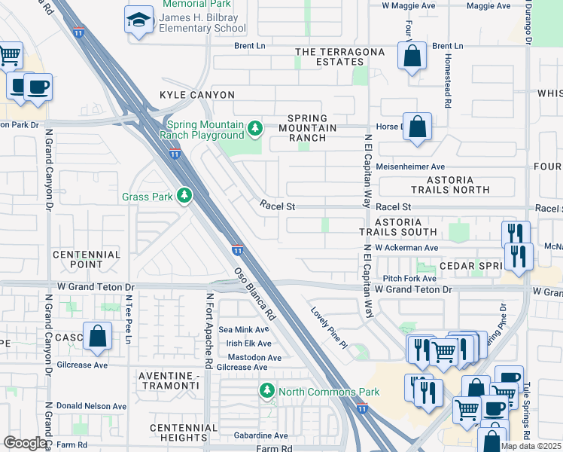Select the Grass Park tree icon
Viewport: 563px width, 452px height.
(x=184, y=197)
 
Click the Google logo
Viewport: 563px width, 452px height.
(x=24, y=443)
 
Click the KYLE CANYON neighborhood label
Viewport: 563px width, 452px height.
(x=197, y=95)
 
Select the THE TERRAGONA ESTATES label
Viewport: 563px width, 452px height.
(x=339, y=56)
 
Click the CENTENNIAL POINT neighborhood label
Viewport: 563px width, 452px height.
(x=87, y=259)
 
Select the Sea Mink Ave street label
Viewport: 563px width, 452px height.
(x=243, y=329)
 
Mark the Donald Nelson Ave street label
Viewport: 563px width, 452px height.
(x=89, y=405)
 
